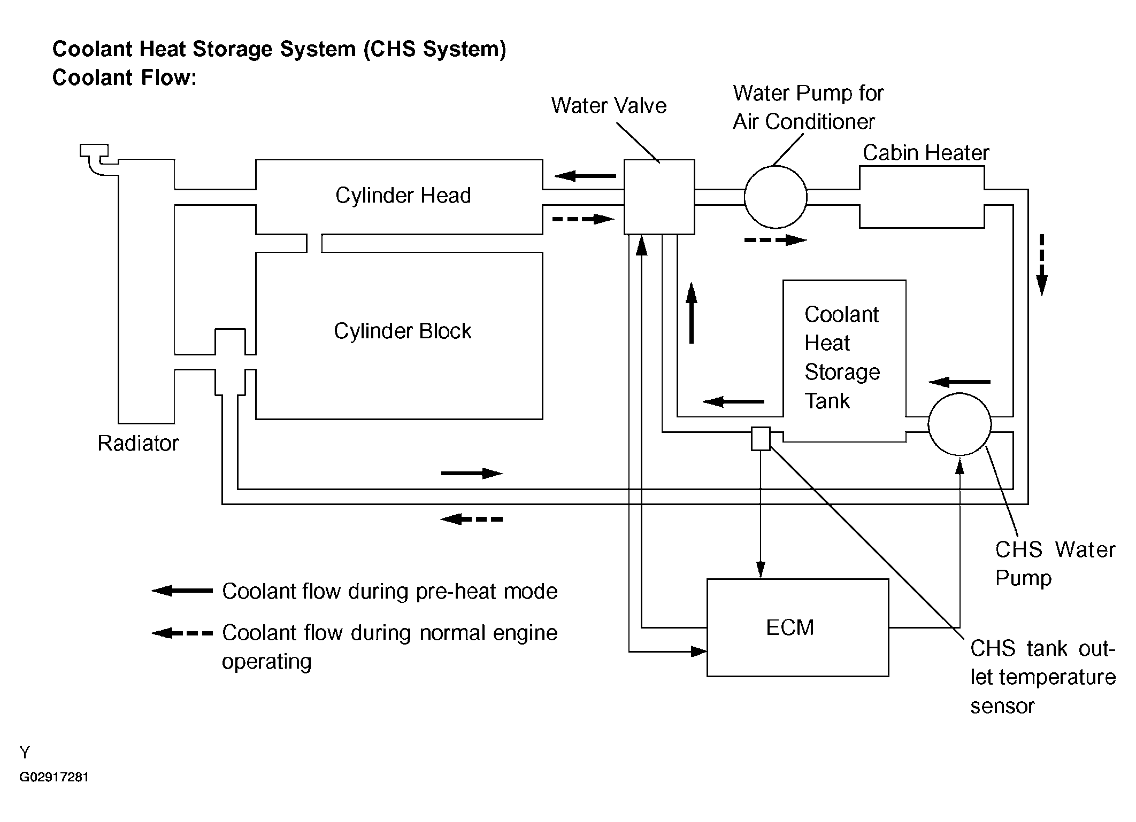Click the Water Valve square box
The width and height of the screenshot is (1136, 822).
coord(659,197)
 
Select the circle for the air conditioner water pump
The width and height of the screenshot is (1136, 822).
coord(775,197)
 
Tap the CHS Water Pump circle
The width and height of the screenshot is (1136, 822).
coord(960,424)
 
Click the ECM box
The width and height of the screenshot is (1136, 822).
coord(797,627)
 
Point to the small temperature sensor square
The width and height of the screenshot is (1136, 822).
coord(761,439)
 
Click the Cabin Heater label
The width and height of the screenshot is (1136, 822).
coord(926,153)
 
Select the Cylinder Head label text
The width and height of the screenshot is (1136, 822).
coord(403,195)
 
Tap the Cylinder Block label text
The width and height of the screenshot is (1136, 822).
coord(402,331)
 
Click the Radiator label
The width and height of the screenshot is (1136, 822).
coord(138,443)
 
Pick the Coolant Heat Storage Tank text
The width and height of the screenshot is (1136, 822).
coord(841,357)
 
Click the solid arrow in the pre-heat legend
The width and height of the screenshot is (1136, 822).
coord(182,591)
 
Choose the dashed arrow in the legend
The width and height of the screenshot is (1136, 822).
coord(182,633)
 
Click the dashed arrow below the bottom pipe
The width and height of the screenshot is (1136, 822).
coord(471,518)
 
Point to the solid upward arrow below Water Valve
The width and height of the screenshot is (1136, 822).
coord(692,313)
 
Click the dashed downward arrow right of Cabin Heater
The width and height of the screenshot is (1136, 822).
coord(1041,265)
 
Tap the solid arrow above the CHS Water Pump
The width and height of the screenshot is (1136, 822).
coord(960,382)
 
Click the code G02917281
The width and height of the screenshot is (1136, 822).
coord(54,777)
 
